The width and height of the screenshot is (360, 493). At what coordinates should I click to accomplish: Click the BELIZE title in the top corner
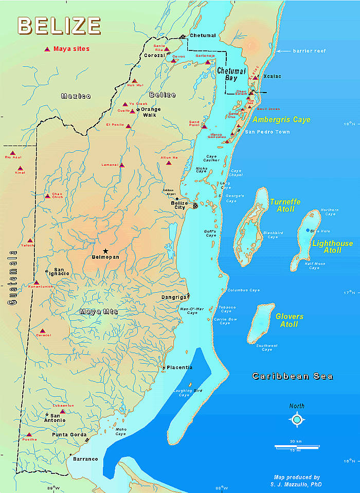pyautogui.click(x=59, y=25)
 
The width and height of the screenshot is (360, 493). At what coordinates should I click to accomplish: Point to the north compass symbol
pyautogui.click(x=297, y=419)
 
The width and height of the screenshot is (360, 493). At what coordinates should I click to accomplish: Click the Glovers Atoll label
pyautogui.click(x=289, y=320)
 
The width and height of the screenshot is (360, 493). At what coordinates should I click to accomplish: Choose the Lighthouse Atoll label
pyautogui.click(x=332, y=246)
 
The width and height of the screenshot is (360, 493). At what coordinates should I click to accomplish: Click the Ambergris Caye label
pyautogui.click(x=281, y=120)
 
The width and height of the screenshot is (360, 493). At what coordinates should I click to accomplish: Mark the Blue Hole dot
pyautogui.click(x=308, y=230)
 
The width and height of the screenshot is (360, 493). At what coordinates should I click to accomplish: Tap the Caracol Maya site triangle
pyautogui.click(x=43, y=331)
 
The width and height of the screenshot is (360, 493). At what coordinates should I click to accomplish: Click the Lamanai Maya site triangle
pyautogui.click(x=122, y=165)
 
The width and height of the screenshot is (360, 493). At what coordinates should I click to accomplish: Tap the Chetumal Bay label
pyautogui.click(x=231, y=74)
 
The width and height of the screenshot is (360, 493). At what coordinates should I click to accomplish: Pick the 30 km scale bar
pyautogui.click(x=291, y=446)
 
